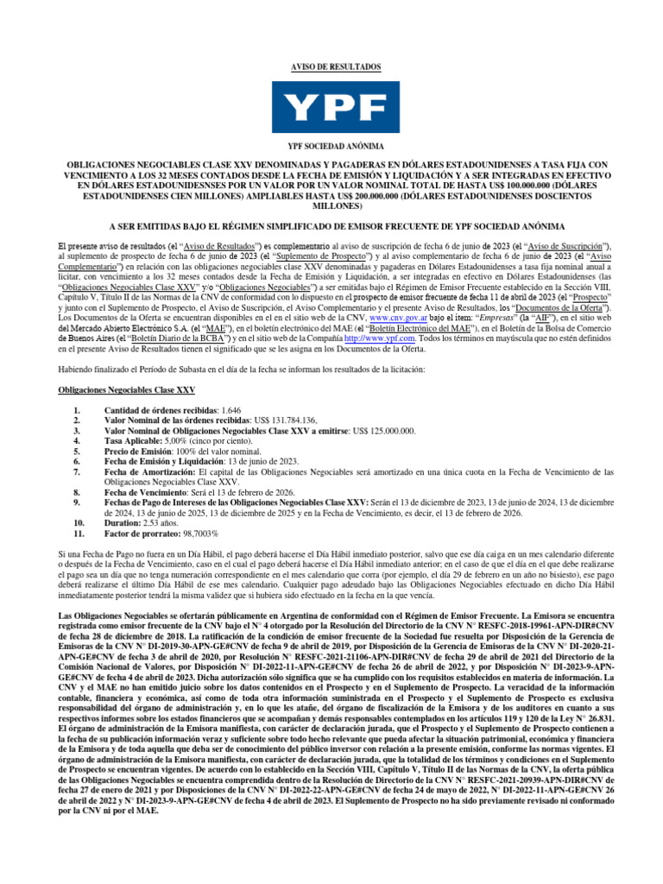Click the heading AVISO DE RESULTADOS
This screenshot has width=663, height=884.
point(331,66)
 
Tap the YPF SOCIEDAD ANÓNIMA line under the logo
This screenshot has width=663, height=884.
point(331,148)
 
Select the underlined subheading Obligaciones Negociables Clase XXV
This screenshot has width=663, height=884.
point(126,390)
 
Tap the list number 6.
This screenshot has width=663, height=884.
point(79,461)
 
